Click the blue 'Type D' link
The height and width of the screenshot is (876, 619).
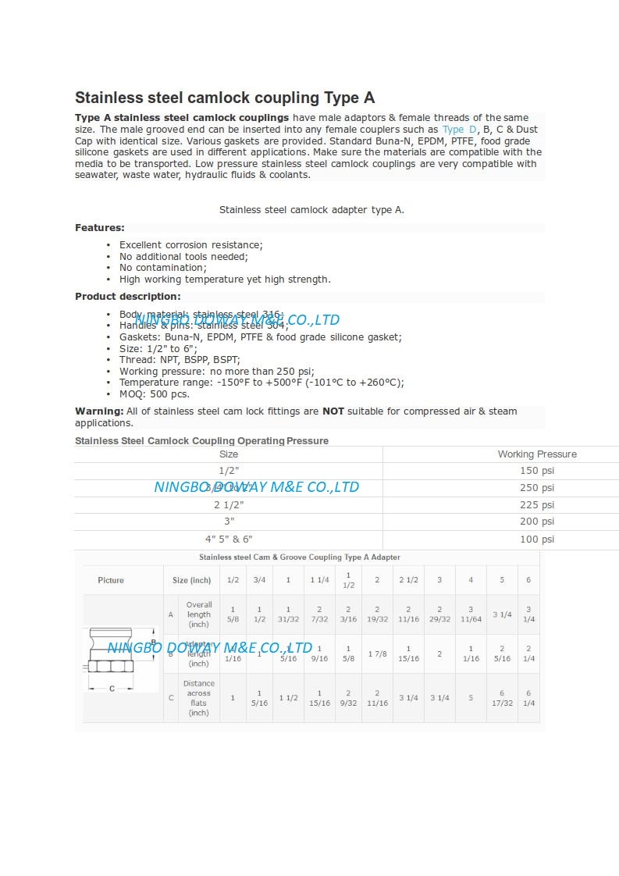click(x=459, y=130)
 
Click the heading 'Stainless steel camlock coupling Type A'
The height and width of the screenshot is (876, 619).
click(x=225, y=98)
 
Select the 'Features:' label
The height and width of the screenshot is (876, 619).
click(x=100, y=228)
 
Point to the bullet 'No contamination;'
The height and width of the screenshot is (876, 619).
click(x=162, y=268)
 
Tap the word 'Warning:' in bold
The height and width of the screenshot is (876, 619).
click(x=99, y=411)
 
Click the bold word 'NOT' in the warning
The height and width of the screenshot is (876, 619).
click(x=333, y=411)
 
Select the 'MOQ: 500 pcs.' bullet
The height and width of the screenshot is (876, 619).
click(x=154, y=394)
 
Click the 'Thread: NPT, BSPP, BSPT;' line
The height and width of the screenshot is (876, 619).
click(x=180, y=360)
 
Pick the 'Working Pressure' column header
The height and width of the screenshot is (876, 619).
click(x=537, y=454)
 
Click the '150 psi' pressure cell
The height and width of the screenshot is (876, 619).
click(x=537, y=471)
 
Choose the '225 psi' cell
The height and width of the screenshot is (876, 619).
click(x=537, y=505)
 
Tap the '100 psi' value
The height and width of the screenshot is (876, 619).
click(x=537, y=539)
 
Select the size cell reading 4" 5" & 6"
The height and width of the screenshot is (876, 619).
click(x=229, y=539)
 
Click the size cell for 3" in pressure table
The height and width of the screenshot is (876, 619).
click(x=229, y=522)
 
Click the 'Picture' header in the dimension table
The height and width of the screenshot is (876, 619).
click(x=111, y=580)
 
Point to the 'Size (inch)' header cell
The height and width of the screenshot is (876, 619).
click(x=192, y=580)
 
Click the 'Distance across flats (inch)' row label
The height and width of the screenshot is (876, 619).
click(x=199, y=698)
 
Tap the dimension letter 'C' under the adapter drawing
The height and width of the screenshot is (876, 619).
click(x=112, y=689)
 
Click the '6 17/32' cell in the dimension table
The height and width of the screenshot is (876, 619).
click(x=502, y=698)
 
